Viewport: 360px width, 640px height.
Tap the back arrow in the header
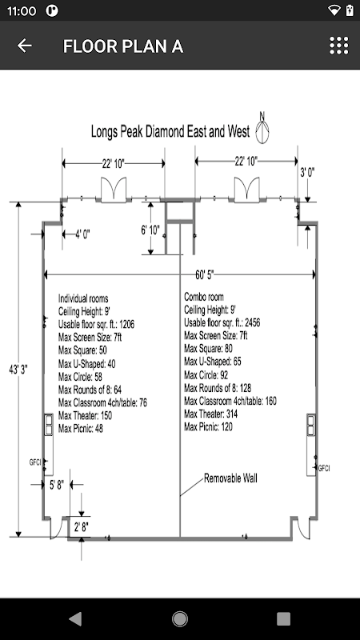24,46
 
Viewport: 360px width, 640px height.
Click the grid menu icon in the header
339,46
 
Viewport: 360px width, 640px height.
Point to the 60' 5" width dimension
204,275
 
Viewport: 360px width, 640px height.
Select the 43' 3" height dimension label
18,370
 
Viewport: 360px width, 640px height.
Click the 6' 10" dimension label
150,230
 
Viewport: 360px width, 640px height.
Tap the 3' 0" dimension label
307,172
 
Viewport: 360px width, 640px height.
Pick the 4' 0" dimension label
82,234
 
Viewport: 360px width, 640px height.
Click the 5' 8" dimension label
57,485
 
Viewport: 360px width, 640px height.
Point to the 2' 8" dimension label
82,527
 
